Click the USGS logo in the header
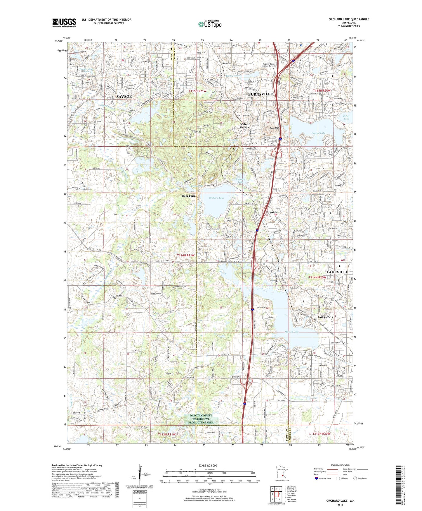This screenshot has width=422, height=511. pyautogui.click(x=64, y=22)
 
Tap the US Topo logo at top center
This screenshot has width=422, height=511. pyautogui.click(x=209, y=24)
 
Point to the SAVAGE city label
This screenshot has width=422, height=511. pyautogui.click(x=124, y=96)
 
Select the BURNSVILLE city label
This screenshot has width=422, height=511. pyautogui.click(x=260, y=94)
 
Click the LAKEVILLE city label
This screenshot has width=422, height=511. pyautogui.click(x=337, y=272)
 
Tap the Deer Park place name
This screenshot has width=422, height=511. pyautogui.click(x=188, y=196)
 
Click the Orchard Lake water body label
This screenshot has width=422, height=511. pyautogui.click(x=216, y=198)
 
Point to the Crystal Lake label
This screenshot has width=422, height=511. pyautogui.click(x=318, y=133)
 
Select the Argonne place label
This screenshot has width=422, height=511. pyautogui.click(x=272, y=212)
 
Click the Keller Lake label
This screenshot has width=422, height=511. pyautogui.click(x=346, y=118)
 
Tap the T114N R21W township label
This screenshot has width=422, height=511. pyautogui.click(x=186, y=255)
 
